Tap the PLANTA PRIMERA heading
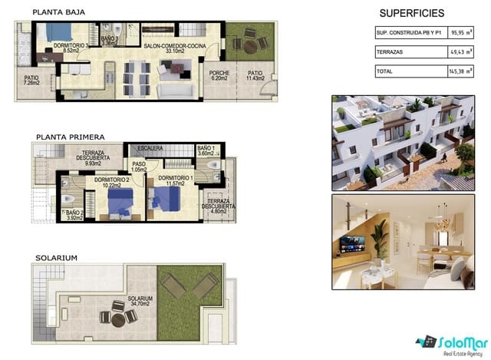71,137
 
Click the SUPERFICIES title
412,12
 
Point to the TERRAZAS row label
392,51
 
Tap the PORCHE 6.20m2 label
219,76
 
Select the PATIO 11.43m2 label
254,76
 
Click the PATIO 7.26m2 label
31,80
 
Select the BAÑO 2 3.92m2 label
74,215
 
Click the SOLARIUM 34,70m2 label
140,302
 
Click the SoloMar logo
448,342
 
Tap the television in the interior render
353,243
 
